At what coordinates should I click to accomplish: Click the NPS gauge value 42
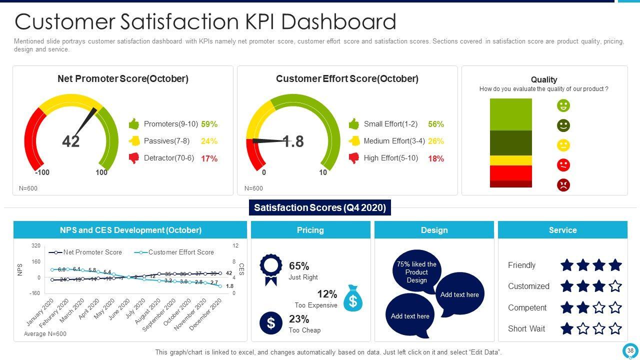pos(71,141)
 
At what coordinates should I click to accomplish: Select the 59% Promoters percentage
pos(209,124)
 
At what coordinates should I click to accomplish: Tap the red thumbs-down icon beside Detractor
pos(134,158)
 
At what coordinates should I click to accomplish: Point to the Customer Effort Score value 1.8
pos(293,141)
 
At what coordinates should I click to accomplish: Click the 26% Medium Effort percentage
pos(436,141)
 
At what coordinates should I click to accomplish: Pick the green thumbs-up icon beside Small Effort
pos(354,124)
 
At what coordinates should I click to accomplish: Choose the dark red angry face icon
pos(563,185)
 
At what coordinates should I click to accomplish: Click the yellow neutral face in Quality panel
pos(563,145)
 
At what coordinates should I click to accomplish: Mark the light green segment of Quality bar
pos(510,114)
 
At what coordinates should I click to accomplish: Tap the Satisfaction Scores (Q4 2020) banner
pos(320,207)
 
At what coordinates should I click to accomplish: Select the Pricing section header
pos(310,230)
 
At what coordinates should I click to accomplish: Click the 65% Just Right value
pos(299,266)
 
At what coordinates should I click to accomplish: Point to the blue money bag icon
pos(353,298)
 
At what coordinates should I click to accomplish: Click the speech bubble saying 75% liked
pos(416,271)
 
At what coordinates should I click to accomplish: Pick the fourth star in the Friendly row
pos(615,265)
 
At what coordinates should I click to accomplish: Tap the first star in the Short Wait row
pos(567,328)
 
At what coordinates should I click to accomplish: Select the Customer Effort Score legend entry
pos(175,252)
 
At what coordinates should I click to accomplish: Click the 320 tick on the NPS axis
pos(36,246)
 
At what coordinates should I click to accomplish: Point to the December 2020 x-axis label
pos(205,314)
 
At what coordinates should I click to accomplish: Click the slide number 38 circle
pos(630,351)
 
